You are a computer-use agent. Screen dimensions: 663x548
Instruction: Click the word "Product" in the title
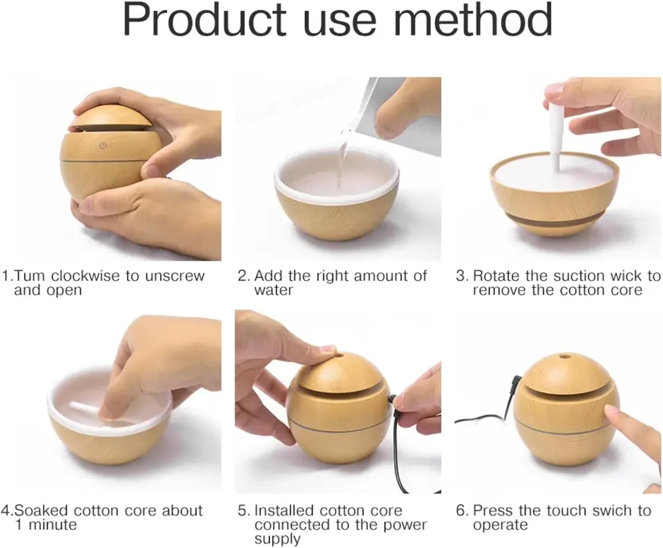205,20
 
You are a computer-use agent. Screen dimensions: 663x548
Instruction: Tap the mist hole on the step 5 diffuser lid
341,356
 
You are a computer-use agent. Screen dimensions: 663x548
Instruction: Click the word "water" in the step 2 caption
273,290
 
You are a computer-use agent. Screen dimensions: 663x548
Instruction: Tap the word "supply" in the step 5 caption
277,540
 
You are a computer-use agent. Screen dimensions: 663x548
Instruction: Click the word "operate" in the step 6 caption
500,525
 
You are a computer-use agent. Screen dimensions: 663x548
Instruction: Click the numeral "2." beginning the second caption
244,276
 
